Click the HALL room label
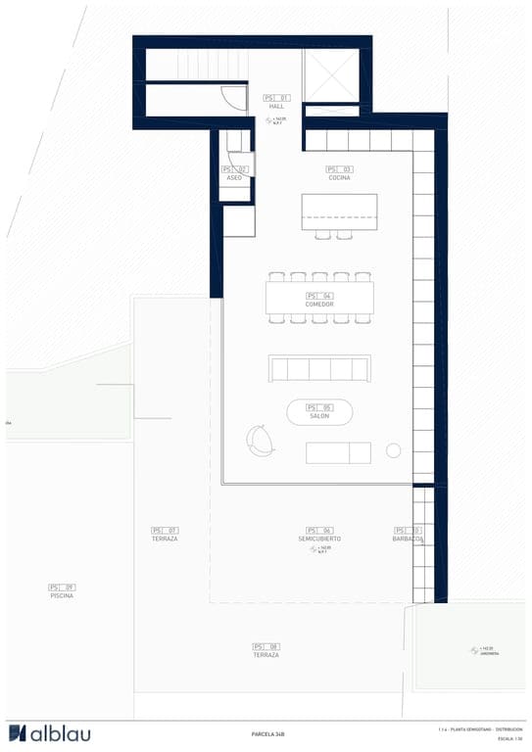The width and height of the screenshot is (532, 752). (x=276, y=107)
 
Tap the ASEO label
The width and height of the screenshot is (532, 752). (x=234, y=178)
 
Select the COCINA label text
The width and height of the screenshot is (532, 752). (x=339, y=178)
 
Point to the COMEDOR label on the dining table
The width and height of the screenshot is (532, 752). (x=319, y=305)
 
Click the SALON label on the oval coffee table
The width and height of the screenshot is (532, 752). (x=319, y=416)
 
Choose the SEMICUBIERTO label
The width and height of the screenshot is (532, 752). (x=319, y=539)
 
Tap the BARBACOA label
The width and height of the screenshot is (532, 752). (x=408, y=539)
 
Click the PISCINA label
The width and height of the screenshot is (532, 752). (x=62, y=595)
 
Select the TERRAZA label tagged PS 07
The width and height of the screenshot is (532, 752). (x=165, y=539)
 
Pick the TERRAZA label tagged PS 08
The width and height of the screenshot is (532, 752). (x=266, y=654)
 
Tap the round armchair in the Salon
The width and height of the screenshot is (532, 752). (x=262, y=440)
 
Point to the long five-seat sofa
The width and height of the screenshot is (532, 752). (x=319, y=368)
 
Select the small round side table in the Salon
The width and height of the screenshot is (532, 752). (x=394, y=450)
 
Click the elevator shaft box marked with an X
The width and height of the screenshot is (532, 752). (x=331, y=74)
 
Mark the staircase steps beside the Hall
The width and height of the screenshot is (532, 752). (x=196, y=67)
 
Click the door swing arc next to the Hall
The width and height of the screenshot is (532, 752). (x=233, y=98)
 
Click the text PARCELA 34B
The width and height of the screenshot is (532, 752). (x=267, y=733)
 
